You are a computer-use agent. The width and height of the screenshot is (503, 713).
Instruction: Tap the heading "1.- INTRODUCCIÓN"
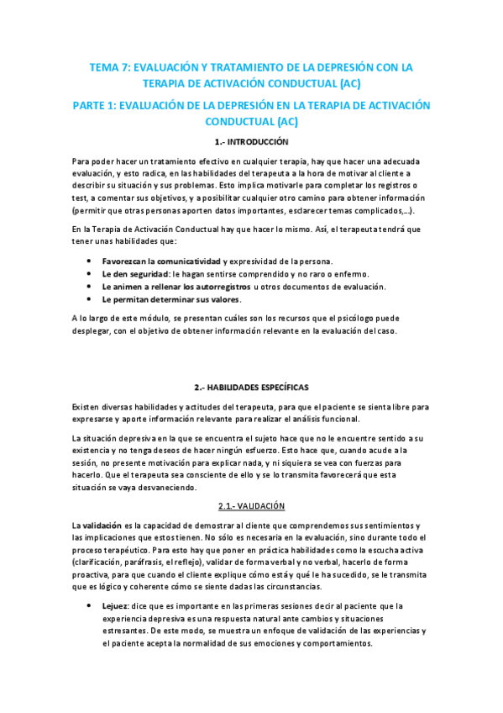[251, 142]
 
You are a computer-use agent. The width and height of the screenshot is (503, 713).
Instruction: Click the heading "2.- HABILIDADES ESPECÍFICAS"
[251, 387]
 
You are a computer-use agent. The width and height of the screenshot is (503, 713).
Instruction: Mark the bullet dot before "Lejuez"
[90, 605]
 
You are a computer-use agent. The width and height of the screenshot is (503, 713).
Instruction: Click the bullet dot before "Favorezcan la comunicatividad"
[90, 261]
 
